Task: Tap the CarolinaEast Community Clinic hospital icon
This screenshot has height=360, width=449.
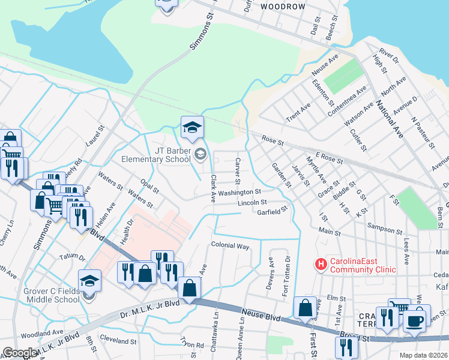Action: coord(321,263)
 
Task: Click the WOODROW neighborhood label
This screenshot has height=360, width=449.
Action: coord(283,6)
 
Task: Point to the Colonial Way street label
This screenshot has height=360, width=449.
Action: coord(230,246)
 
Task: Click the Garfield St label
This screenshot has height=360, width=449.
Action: coord(273,212)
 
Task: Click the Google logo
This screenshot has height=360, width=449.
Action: coord(20,353)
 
